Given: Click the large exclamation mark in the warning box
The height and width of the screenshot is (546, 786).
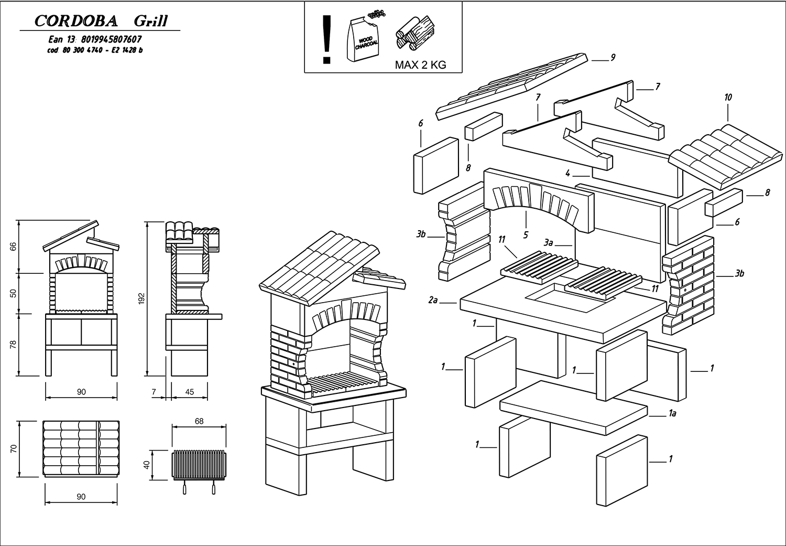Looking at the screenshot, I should (x=327, y=39).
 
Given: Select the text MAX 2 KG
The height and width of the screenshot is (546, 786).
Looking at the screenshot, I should (x=420, y=66).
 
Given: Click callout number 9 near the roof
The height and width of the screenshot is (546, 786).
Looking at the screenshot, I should (x=613, y=58).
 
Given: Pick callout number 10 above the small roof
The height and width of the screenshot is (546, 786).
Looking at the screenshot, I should (x=728, y=98).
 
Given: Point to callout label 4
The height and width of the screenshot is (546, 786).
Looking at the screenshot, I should (x=567, y=174).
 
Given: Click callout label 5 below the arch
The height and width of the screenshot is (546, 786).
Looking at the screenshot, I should (x=526, y=235).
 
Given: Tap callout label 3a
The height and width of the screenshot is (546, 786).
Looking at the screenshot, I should (x=549, y=243).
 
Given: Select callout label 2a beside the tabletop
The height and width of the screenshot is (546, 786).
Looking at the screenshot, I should (x=433, y=301).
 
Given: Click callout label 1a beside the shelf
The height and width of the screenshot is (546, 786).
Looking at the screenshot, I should (x=673, y=414).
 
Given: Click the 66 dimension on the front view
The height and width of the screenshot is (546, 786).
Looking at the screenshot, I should (x=14, y=247).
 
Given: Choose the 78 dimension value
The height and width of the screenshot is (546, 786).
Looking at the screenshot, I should (x=14, y=345).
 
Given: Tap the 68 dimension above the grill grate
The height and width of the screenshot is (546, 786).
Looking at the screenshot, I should (x=199, y=421).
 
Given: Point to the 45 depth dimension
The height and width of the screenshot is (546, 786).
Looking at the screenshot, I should (x=190, y=392).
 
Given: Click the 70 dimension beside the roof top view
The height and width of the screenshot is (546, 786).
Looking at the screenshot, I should (x=14, y=448).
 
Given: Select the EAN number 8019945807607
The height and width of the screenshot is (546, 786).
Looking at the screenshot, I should (x=112, y=39).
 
